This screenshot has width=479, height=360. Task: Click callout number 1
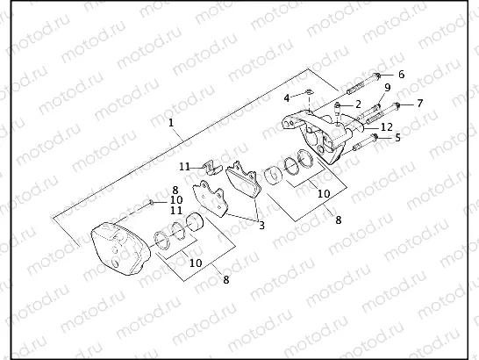(171, 124)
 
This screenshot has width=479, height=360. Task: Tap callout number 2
(358, 104)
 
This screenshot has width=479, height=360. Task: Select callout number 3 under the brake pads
(261, 225)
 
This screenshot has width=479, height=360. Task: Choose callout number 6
(401, 75)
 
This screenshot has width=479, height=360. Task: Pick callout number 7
(419, 104)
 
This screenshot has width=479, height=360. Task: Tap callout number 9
(387, 88)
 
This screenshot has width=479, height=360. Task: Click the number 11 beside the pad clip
(184, 166)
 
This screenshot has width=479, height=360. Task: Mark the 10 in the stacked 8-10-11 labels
(176, 200)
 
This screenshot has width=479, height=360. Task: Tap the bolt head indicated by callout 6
(377, 76)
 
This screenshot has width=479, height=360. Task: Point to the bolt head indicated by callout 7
(397, 105)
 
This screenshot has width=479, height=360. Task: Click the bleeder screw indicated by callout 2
(339, 107)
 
